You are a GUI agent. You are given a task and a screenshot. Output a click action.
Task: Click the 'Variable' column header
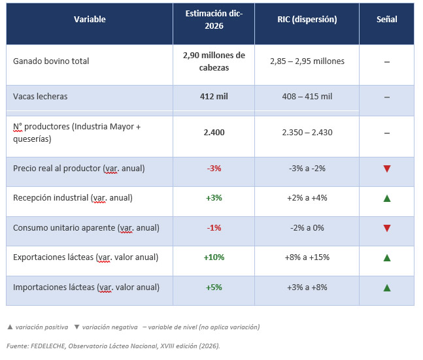click(90, 19)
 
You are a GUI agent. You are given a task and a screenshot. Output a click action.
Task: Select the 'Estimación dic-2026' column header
click(214, 20)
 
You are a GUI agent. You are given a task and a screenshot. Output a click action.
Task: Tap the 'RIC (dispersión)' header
click(307, 19)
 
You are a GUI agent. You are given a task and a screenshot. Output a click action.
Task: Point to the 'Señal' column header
click(386, 19)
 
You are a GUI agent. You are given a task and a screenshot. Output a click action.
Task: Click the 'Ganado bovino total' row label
click(51, 61)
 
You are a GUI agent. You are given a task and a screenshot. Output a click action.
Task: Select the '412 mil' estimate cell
click(214, 96)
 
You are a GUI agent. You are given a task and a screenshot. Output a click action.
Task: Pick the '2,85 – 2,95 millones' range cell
click(307, 61)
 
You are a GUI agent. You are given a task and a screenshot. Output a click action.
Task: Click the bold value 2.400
click(214, 133)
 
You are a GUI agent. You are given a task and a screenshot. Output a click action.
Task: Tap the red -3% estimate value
click(214, 169)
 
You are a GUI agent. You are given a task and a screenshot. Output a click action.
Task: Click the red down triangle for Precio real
click(387, 169)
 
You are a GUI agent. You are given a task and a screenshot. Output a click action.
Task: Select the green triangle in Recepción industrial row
click(387, 199)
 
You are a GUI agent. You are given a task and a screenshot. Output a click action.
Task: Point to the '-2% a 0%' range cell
click(307, 228)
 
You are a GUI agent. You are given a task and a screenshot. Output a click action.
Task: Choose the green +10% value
click(214, 257)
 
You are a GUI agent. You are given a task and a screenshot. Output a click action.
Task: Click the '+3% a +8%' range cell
click(307, 287)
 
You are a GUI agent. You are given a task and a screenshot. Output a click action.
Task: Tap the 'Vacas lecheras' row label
click(40, 96)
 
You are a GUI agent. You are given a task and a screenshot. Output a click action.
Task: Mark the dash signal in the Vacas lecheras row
click(387, 97)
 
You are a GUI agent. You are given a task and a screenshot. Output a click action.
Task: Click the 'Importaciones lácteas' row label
click(54, 287)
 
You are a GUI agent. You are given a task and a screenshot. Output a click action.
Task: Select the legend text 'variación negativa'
click(110, 327)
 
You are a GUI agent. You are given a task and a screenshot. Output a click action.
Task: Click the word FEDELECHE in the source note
click(48, 346)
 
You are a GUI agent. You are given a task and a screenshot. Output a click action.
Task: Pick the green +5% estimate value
click(214, 287)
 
